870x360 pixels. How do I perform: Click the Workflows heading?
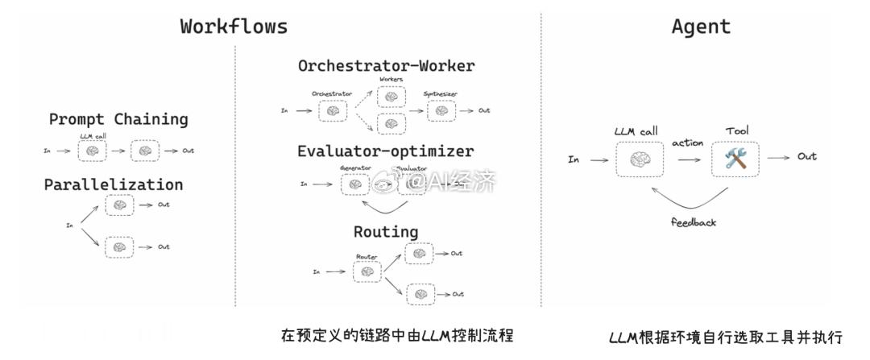[x=234, y=26]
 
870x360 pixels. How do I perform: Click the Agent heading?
[x=701, y=26]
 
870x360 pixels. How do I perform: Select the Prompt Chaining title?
[x=118, y=119]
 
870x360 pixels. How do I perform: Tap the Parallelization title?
[x=113, y=184]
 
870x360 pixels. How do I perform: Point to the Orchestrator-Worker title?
[x=386, y=66]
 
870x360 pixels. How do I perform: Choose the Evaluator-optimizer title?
[x=385, y=151]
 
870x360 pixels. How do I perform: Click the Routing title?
[x=386, y=232]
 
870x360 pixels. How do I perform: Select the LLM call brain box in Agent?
[x=639, y=159]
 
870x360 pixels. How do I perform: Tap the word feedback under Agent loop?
[x=693, y=222]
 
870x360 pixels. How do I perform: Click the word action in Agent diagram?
[x=687, y=143]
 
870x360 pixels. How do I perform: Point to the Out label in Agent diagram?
[x=806, y=156]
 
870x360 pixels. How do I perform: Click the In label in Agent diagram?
[x=574, y=159]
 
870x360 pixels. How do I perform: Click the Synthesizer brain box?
[x=441, y=110]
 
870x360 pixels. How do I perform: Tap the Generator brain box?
[x=355, y=184]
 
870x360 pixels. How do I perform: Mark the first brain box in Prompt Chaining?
[x=93, y=151]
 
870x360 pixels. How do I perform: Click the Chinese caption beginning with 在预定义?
[x=396, y=334]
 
